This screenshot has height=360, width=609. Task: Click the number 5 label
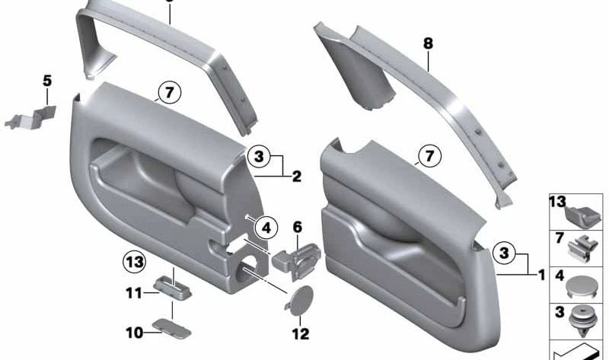coord(46,79)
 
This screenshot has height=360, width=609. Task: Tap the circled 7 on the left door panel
coord(168,94)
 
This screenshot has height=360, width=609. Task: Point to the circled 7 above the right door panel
coord(429,157)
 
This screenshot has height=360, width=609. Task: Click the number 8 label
coord(429,44)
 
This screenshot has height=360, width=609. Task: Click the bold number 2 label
coord(297,177)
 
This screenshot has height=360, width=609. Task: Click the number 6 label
coord(298,226)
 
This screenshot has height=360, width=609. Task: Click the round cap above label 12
coord(299,299)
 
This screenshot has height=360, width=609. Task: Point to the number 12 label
coord(300,333)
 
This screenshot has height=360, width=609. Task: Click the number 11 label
coord(134,292)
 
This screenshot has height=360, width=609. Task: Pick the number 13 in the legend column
coord(558,202)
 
